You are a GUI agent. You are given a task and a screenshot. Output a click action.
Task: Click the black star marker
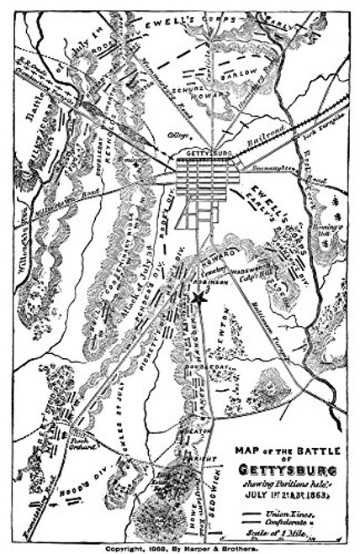(x=199, y=298)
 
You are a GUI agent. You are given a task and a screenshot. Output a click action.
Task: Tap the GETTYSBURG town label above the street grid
(x=204, y=154)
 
